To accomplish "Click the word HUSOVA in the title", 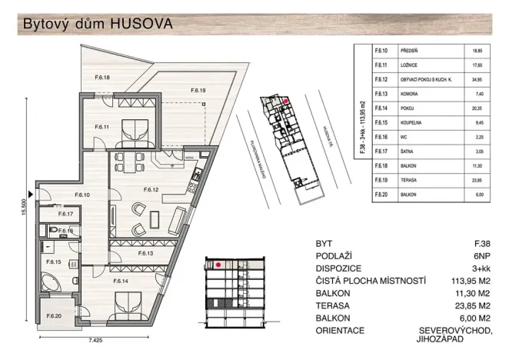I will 142,23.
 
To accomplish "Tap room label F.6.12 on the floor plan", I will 151,188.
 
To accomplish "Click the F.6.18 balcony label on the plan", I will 102,77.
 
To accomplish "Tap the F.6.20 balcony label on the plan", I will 54,316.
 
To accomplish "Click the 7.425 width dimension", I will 74,338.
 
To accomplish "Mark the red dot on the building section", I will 220,265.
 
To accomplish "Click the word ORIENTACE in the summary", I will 343,330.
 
